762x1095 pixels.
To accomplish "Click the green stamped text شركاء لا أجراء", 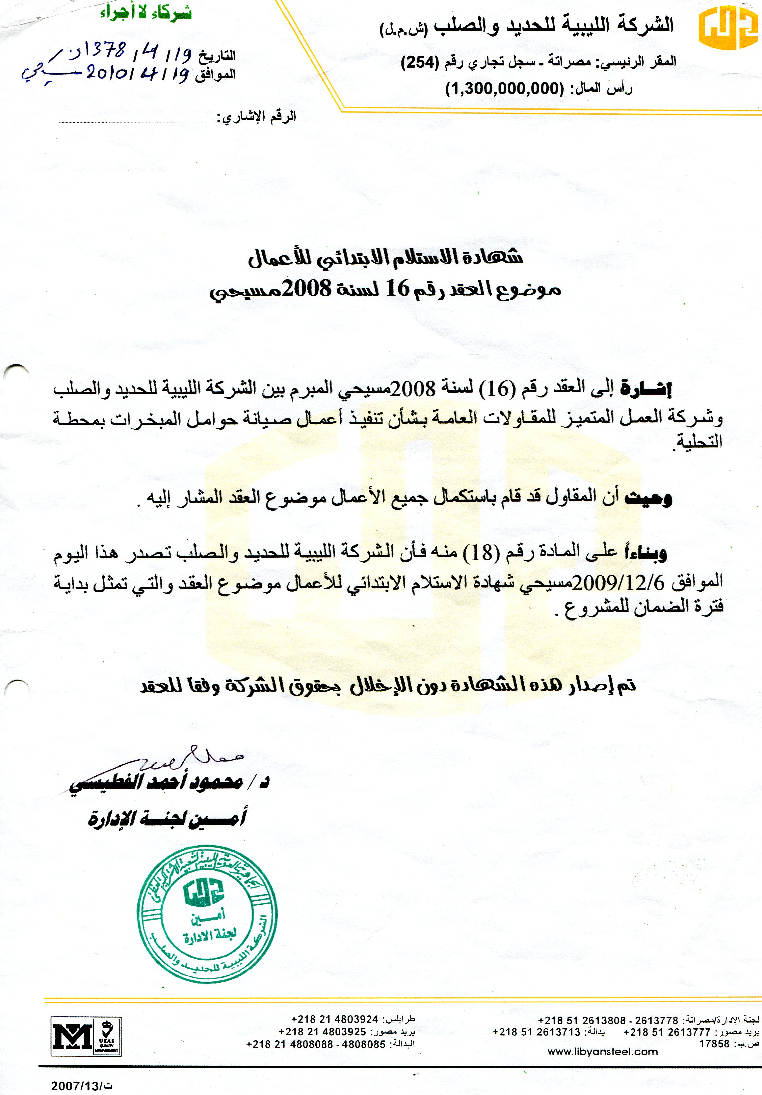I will click(145, 13).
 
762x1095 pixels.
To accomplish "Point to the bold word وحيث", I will click(648, 497).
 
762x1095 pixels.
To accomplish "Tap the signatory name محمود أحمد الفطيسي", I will click(157, 782).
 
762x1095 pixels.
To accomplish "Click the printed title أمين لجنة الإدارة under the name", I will click(167, 818).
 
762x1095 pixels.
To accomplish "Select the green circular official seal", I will click(207, 915).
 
